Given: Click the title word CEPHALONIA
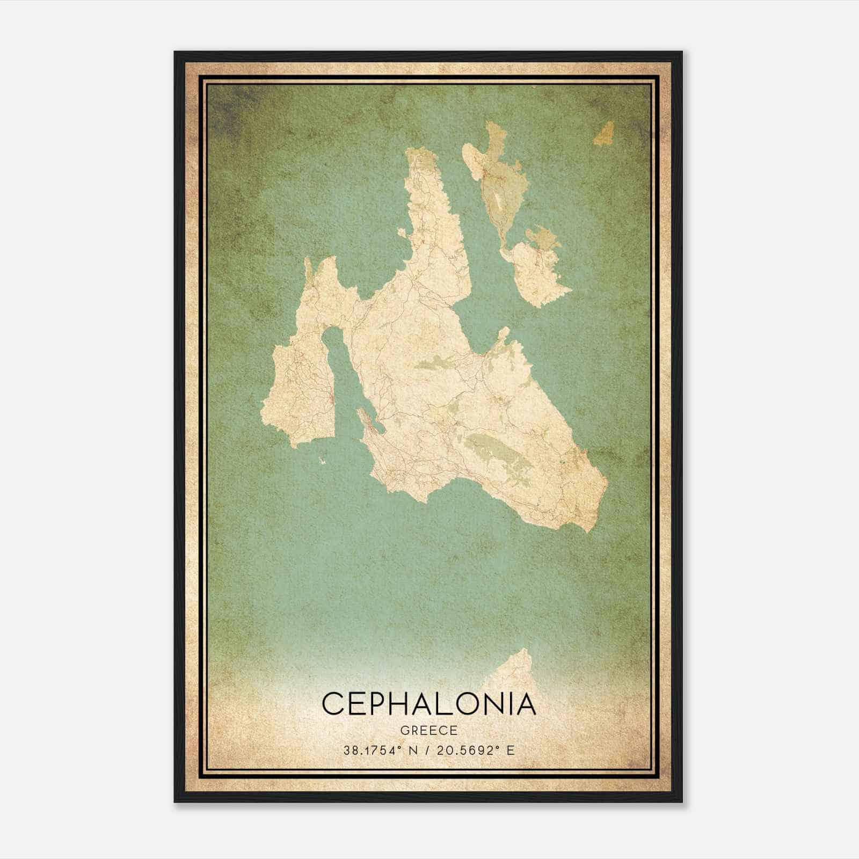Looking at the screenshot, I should (x=428, y=704).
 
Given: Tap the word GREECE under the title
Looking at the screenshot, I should (x=428, y=730).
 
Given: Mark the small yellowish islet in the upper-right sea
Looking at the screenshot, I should (x=605, y=133).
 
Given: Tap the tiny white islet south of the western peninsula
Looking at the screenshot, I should (x=322, y=460).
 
